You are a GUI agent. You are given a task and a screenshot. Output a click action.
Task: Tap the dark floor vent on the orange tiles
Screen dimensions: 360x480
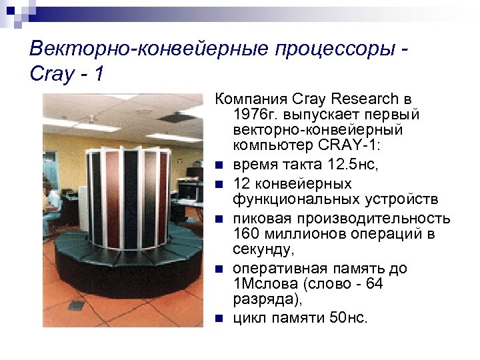coord(76,305)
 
